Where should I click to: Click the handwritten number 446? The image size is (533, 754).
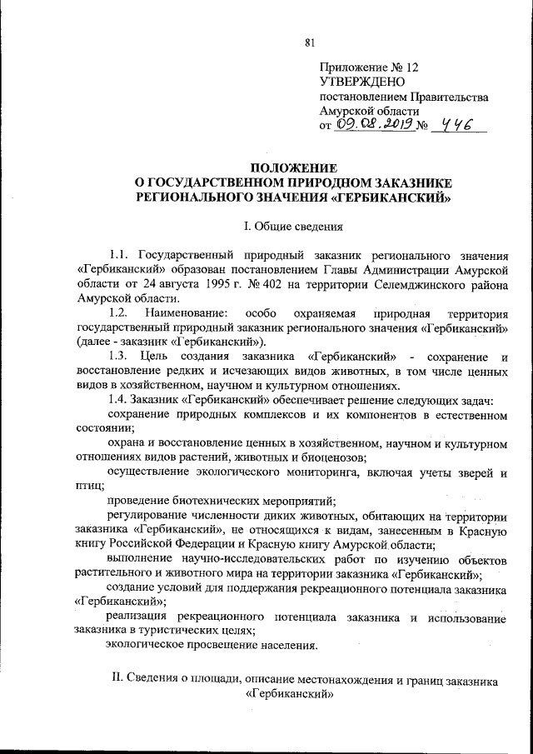tap(457, 125)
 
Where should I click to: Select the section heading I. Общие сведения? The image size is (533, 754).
tap(287, 227)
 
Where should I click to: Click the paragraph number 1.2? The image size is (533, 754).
tap(120, 312)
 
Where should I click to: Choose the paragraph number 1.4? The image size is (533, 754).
tap(120, 399)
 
